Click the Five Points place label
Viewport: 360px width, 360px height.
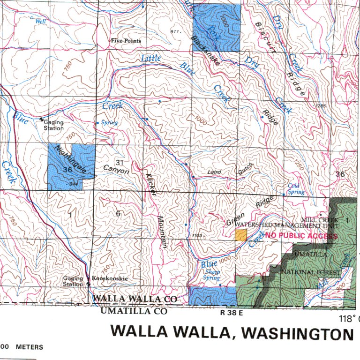click(x=126, y=41)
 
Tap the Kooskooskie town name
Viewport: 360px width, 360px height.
click(x=109, y=278)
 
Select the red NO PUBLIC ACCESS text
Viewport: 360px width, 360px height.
click(x=301, y=236)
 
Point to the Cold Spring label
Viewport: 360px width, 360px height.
click(x=295, y=189)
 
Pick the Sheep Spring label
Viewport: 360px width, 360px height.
click(x=212, y=275)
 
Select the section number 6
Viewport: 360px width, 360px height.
click(x=118, y=214)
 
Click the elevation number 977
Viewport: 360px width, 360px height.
click(x=176, y=32)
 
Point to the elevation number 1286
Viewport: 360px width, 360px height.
click(x=321, y=106)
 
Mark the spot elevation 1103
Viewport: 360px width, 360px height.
click(x=197, y=235)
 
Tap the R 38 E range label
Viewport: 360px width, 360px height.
click(x=232, y=311)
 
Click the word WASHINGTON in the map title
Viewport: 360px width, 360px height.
click(x=300, y=333)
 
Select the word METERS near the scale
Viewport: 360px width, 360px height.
click(x=30, y=347)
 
